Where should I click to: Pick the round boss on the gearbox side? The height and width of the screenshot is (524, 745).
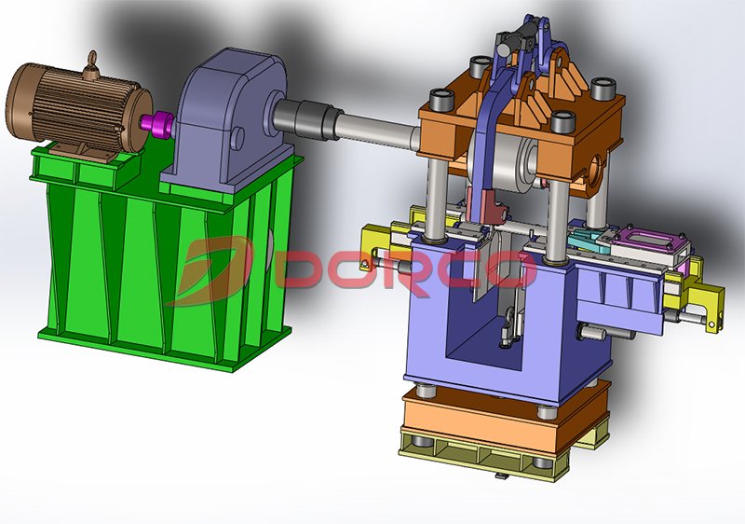tap(237, 137)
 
